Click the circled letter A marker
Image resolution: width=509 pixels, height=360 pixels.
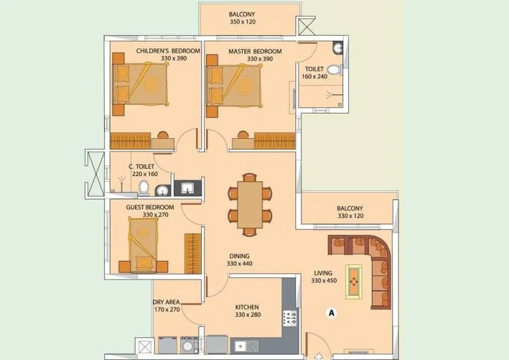point(330,312)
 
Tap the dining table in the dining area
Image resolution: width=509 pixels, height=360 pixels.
point(250,204)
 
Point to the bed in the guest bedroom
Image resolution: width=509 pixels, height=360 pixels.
point(143,244)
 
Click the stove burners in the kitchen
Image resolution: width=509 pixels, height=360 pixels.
point(289,318)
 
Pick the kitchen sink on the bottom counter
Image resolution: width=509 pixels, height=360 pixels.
point(241,346)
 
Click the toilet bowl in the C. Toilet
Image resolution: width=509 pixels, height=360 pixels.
point(144,187)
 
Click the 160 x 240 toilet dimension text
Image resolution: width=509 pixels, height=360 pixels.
point(315,76)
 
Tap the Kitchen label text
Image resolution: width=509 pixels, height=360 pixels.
point(246,307)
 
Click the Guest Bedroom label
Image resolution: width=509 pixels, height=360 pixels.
point(150,207)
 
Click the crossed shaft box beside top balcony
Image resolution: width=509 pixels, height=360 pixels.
point(306,25)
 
